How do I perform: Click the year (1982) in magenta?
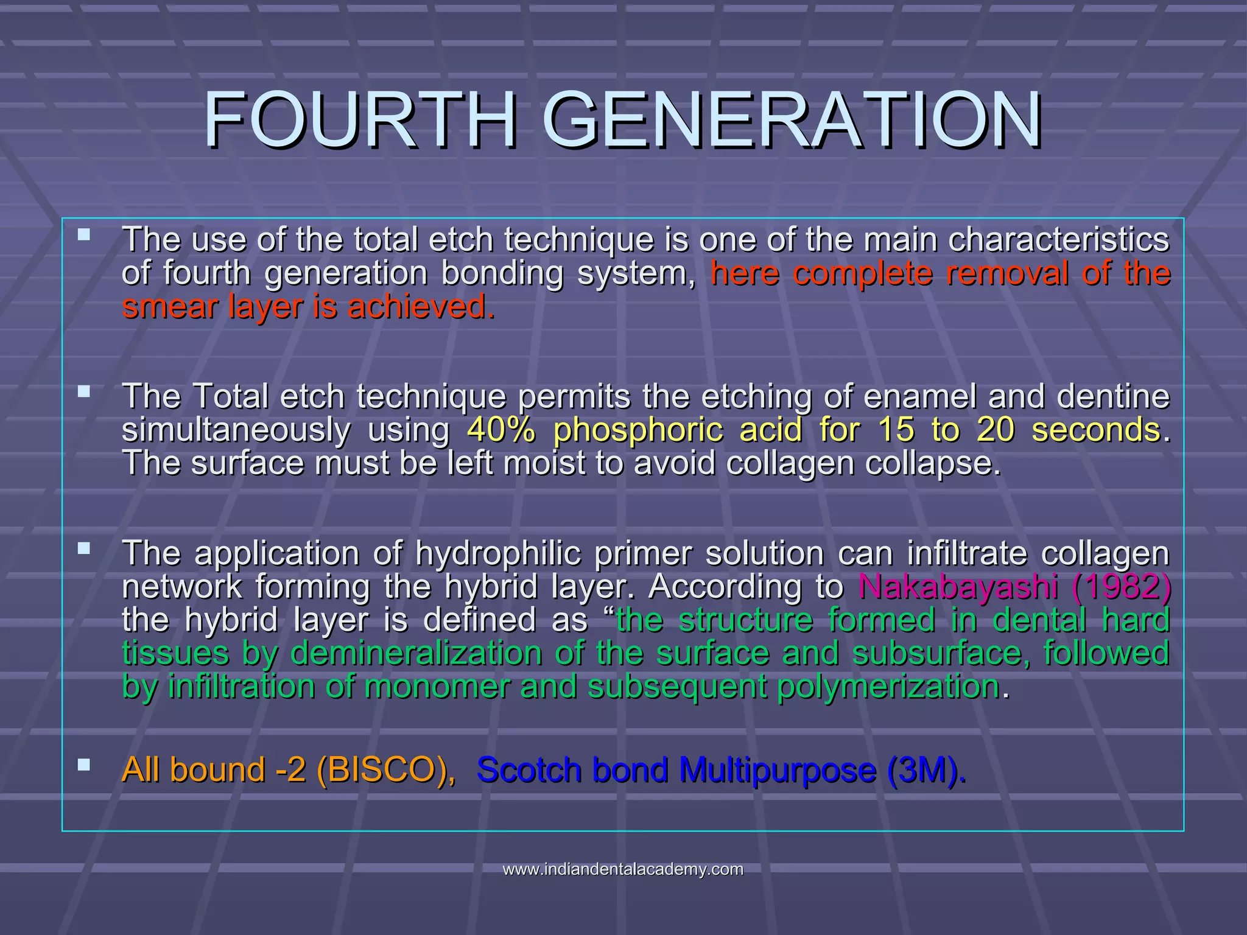1120,587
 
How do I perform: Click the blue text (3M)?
925,770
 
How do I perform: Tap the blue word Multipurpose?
777,770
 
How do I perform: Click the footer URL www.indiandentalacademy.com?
623,869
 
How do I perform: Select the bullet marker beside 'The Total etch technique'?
84,391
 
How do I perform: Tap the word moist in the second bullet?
544,463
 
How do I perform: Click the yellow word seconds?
1096,430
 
